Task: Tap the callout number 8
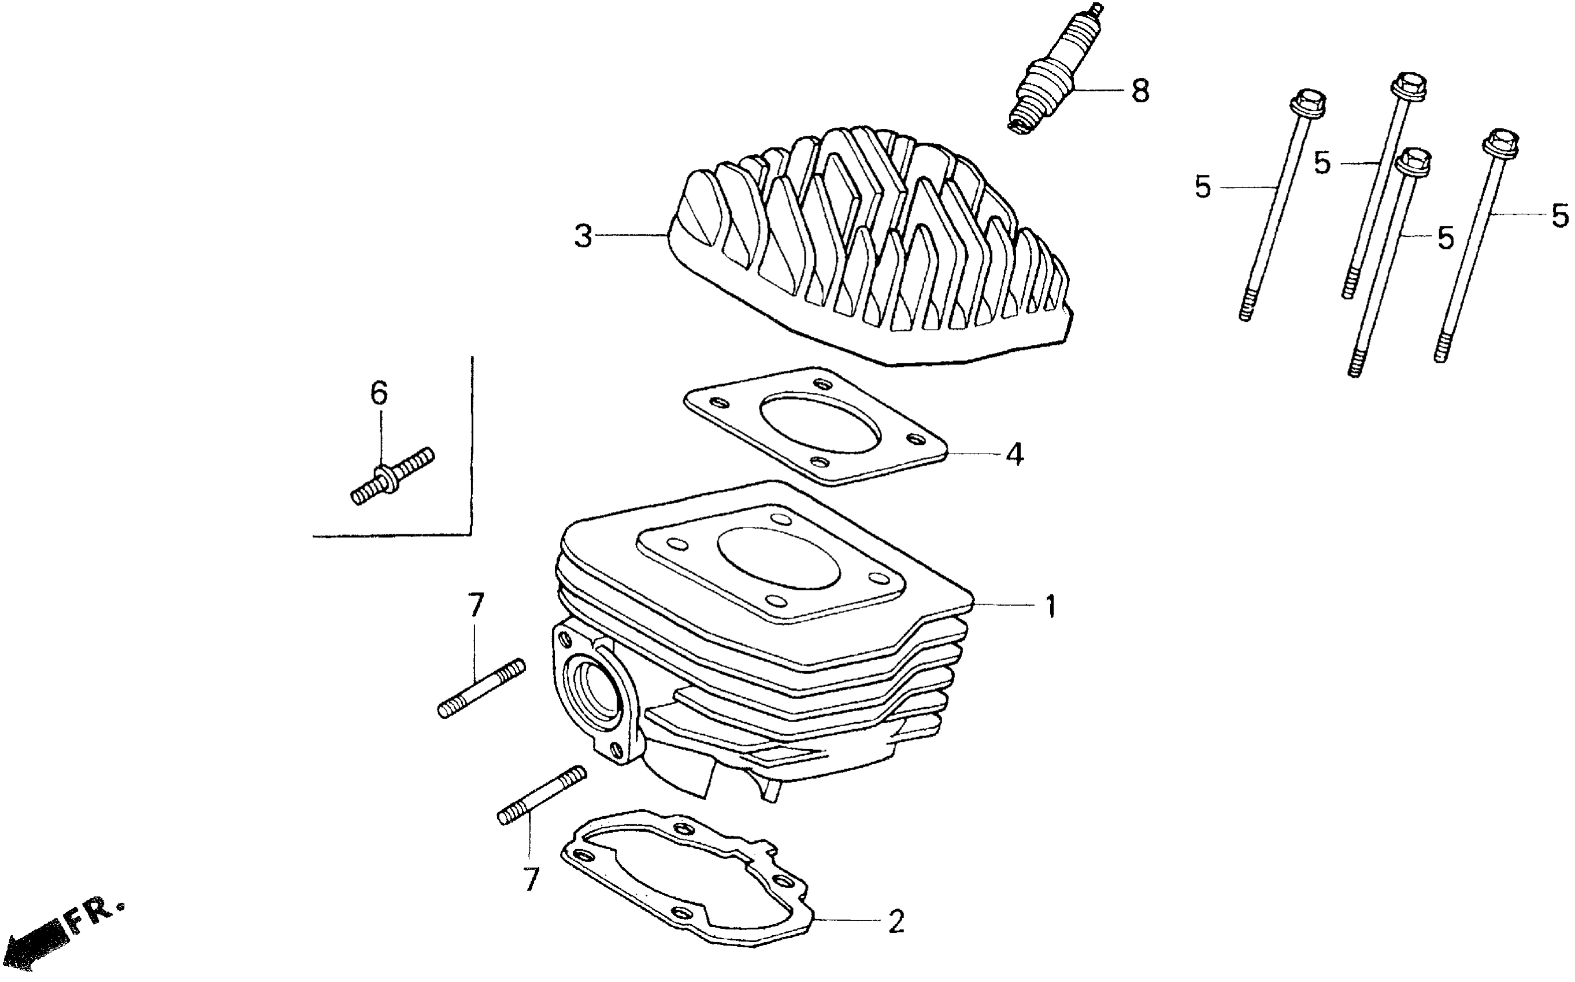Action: coord(1140,91)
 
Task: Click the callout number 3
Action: coord(583,236)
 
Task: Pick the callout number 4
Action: coord(1014,455)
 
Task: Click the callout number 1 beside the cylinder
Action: coord(1051,607)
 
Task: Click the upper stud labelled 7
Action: coord(481,688)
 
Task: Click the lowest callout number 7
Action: coord(532,880)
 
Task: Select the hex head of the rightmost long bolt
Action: coord(1501,144)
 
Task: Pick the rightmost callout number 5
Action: coord(1559,216)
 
